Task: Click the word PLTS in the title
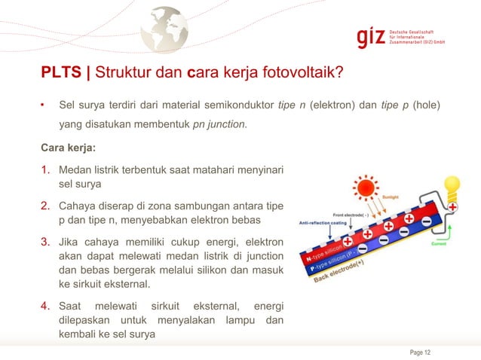pos(63,73)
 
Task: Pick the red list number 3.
pos(46,243)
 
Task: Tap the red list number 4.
pos(46,307)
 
